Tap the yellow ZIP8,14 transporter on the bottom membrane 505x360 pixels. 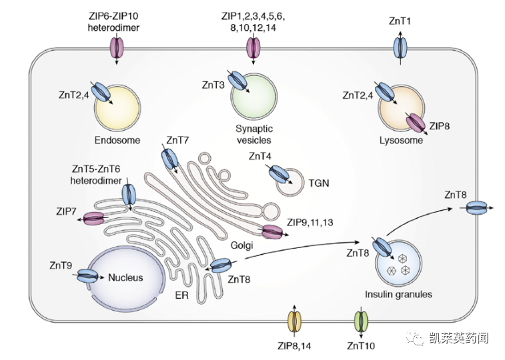click(294, 322)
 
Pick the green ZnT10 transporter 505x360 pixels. click(361, 322)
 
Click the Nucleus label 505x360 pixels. click(126, 277)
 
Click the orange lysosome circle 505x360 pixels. click(400, 107)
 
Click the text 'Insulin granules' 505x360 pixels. click(399, 294)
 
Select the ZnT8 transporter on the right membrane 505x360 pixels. click(477, 209)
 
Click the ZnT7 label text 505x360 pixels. click(177, 141)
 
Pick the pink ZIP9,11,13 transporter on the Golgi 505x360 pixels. click(272, 232)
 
